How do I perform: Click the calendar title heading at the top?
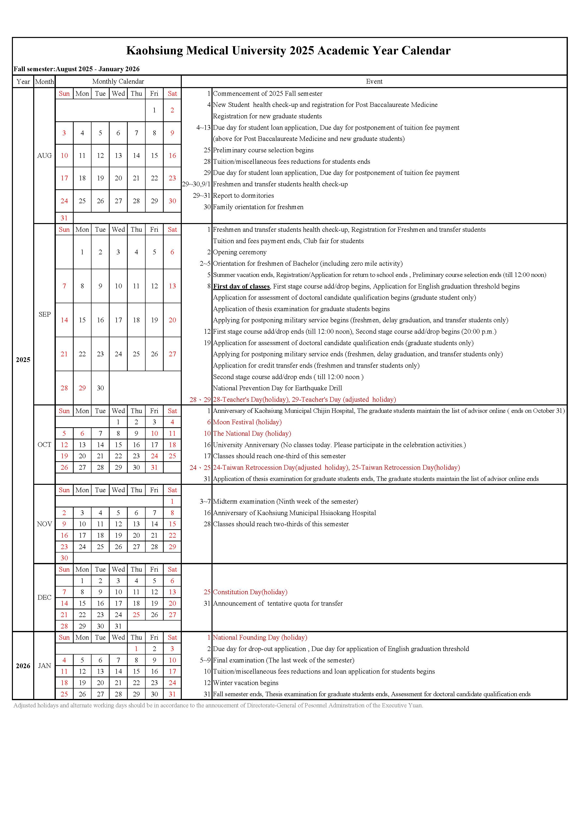point(288,50)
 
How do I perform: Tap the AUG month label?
point(44,156)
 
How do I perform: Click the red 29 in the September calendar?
point(82,388)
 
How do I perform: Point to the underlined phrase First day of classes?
point(241,286)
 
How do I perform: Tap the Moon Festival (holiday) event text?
point(247,422)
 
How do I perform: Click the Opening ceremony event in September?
point(240,252)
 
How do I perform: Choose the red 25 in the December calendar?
point(136,615)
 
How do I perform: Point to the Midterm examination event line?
point(285,501)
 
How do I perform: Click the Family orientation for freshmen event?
point(258,207)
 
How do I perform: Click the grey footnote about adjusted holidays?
point(218,705)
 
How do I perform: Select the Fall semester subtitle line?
point(76,69)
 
